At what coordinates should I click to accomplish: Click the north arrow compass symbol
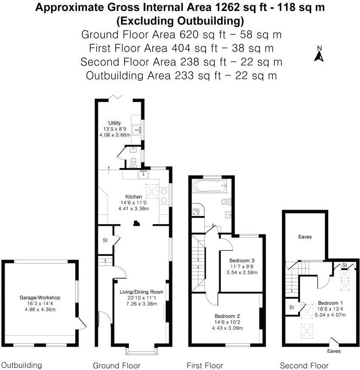click(x=319, y=55)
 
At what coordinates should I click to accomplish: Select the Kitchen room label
click(x=133, y=196)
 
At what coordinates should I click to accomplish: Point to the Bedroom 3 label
click(x=242, y=260)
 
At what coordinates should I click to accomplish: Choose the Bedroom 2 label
click(x=227, y=316)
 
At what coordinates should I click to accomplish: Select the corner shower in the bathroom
click(x=198, y=210)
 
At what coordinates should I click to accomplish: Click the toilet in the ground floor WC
click(x=133, y=162)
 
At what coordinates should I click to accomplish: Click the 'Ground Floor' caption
click(x=117, y=365)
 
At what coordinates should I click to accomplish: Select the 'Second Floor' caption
click(x=304, y=365)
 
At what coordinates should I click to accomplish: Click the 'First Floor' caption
click(x=205, y=365)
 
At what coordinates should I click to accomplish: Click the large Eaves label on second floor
click(x=305, y=237)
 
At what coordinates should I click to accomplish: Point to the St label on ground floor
click(x=105, y=241)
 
